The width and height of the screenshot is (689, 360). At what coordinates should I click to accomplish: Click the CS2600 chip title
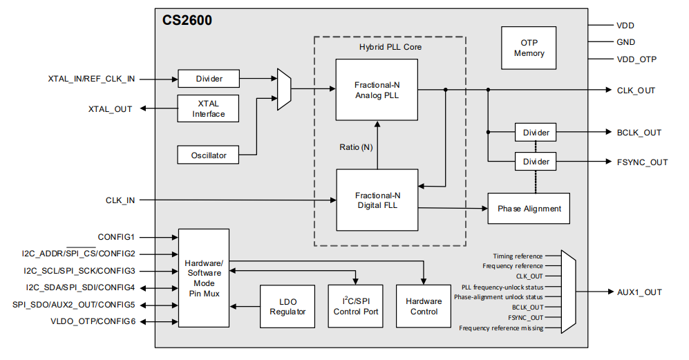point(187,21)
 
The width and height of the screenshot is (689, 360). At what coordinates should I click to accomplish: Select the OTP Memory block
point(529,48)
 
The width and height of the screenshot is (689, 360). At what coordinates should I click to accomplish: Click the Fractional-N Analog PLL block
point(377,90)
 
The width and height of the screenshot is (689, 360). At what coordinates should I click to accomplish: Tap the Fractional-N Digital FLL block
point(377,200)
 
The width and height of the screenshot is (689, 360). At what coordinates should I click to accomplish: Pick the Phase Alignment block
point(529,209)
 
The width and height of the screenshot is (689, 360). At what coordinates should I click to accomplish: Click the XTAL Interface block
point(209,108)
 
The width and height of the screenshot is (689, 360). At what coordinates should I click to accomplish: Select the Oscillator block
point(209,155)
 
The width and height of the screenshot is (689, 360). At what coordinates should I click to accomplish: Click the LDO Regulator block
point(288,307)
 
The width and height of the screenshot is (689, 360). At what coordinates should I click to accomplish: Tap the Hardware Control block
point(424,307)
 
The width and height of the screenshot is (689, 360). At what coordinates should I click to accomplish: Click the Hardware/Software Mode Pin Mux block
point(203,278)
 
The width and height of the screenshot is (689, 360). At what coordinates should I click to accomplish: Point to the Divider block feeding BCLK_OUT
point(536,133)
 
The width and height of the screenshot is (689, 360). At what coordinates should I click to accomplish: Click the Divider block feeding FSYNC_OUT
point(536,162)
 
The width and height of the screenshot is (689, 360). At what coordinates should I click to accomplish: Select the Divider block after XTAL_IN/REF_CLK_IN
point(209,79)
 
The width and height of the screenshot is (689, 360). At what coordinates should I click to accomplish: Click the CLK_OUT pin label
point(636,91)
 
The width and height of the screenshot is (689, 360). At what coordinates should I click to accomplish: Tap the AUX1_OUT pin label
point(639,292)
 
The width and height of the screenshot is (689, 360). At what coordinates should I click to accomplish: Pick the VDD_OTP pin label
point(636,59)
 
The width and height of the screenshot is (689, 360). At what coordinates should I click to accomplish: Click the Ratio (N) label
point(356,146)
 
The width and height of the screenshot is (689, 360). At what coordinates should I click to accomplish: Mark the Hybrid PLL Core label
point(390,47)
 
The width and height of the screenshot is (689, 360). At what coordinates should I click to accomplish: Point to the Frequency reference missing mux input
point(500,328)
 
